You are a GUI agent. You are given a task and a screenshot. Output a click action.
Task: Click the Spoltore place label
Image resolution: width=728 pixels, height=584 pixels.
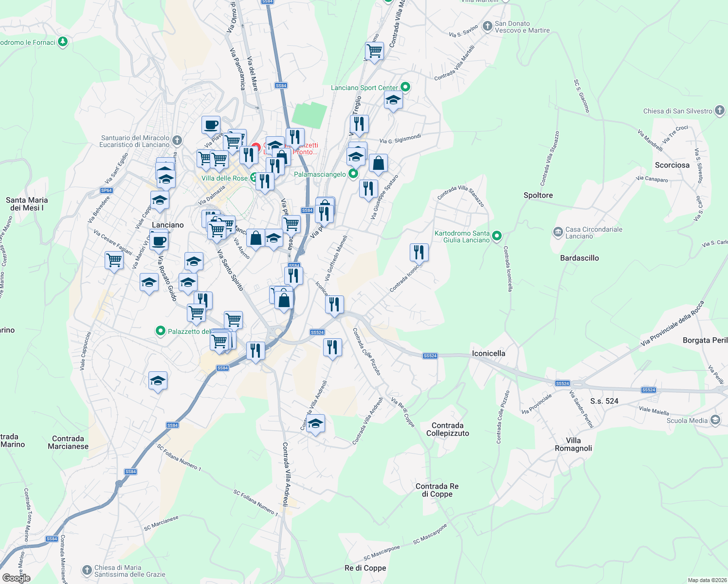[538, 195]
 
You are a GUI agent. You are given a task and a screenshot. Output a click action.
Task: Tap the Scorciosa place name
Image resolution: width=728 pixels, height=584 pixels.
[672, 165]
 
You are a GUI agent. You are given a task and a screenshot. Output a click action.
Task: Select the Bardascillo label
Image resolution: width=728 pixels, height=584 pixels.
[579, 258]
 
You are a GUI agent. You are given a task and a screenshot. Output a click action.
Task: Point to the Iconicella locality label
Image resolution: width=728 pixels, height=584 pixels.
[488, 353]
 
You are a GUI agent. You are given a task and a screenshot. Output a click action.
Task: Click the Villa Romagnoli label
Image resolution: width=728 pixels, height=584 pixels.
[573, 444]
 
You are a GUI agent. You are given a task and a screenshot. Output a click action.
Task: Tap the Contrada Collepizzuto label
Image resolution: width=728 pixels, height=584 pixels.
[448, 429]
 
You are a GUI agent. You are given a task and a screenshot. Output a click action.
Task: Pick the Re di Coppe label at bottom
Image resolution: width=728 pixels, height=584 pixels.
[365, 568]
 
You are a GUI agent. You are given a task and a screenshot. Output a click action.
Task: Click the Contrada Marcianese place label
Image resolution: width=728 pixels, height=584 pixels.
[68, 442]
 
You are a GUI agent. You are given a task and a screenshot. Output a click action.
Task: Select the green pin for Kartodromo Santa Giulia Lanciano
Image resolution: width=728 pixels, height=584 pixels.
[496, 237]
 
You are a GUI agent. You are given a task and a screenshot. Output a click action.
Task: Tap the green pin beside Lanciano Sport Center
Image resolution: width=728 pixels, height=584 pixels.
[405, 88]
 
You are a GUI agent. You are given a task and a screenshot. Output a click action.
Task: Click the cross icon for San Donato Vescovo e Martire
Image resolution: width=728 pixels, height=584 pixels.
[487, 27]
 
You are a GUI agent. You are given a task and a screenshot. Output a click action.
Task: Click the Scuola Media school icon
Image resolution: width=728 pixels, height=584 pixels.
[715, 420]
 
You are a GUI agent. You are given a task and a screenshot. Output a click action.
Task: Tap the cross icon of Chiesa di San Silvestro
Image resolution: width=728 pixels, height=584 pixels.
[720, 111]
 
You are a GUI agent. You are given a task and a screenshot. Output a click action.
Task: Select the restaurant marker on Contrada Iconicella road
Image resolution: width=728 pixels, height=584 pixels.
[419, 253]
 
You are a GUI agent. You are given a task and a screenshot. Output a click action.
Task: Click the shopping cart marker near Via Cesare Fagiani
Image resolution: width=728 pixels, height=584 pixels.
[114, 260]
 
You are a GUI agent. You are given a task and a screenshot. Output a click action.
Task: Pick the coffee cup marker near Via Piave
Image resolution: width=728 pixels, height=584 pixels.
[211, 125]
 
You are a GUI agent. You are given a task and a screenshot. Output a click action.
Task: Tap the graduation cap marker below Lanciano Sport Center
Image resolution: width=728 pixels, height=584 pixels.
[393, 101]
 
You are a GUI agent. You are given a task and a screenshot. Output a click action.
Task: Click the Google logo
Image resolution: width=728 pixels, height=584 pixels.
[17, 578]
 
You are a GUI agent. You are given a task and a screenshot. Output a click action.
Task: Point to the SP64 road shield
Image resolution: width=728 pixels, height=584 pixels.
[106, 190]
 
